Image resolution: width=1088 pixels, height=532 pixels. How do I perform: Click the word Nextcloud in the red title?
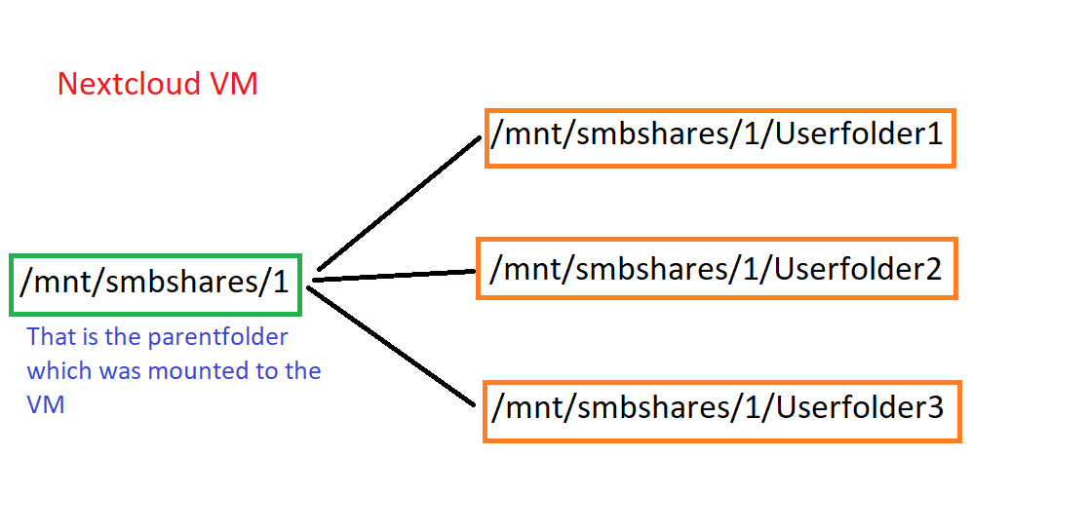pos(131,84)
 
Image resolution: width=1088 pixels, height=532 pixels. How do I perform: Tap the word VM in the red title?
pos(234,84)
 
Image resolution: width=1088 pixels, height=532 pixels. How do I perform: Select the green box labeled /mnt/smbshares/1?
pos(155,284)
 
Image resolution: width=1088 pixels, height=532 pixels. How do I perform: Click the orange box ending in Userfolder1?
pos(719,136)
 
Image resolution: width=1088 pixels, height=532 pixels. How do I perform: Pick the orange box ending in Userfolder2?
pos(717,268)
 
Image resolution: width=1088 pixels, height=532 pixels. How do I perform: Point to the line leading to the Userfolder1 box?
pos(400,202)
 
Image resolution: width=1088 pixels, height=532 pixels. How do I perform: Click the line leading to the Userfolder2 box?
pos(395,276)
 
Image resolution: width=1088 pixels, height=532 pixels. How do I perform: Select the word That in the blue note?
pos(49,338)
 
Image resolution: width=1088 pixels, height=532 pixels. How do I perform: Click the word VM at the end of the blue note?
pos(46,404)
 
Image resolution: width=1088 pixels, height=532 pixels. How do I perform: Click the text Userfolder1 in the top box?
pos(859,134)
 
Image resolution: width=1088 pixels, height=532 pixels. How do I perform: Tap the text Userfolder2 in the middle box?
pos(858,268)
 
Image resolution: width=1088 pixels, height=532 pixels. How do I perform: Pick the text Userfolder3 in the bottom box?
pos(859,408)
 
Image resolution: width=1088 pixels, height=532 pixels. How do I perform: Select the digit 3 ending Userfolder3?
pos(934,408)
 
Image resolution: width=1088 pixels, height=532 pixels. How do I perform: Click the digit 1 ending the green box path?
pos(282,284)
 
